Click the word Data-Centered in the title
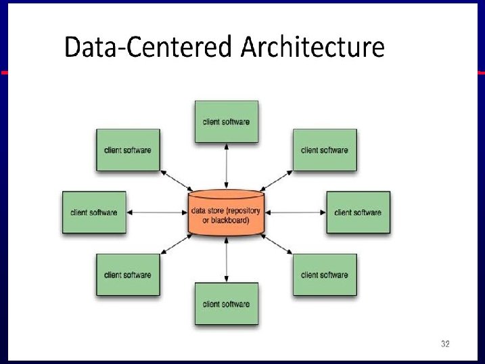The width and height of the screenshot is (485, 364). (147, 49)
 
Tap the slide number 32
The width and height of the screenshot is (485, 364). (444, 344)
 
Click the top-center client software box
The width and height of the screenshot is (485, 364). (226, 122)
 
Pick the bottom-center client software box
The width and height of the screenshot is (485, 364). (226, 304)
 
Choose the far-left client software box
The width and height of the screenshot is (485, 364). (94, 212)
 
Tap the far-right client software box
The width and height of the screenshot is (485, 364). (358, 212)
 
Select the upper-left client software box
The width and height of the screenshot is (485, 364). (128, 150)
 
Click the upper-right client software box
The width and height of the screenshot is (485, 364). (324, 150)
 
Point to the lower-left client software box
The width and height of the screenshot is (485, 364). (128, 275)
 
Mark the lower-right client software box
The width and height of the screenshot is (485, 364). (324, 275)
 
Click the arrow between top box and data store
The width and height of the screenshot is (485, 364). (226, 166)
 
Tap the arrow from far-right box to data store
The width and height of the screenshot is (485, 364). (296, 212)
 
